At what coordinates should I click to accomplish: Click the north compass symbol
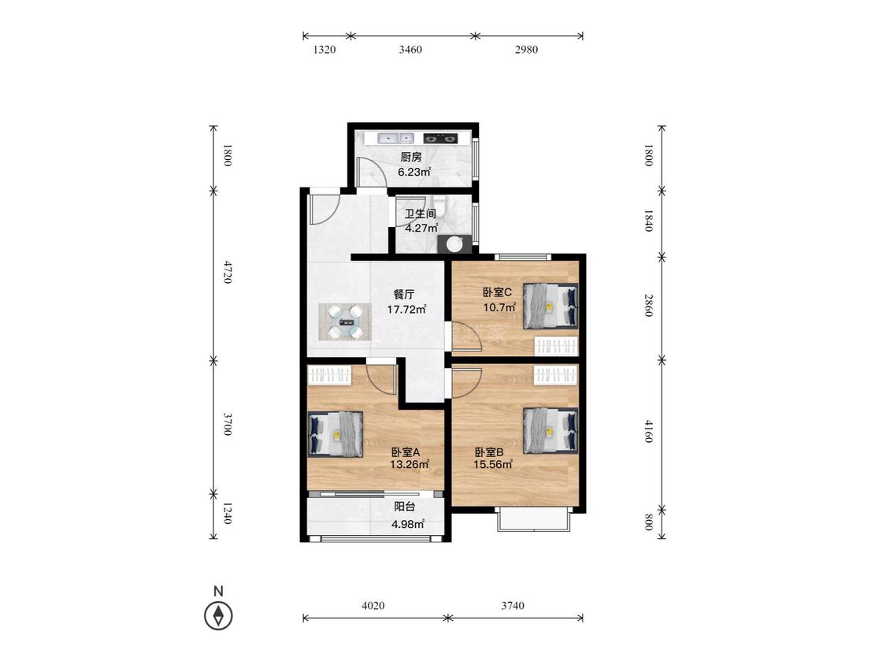pyautogui.click(x=218, y=615)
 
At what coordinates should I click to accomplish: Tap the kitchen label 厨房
pyautogui.click(x=411, y=158)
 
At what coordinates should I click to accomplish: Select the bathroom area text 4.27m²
pyautogui.click(x=421, y=228)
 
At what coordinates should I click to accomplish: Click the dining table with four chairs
pyautogui.click(x=345, y=321)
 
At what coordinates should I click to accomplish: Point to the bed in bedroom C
pyautogui.click(x=551, y=306)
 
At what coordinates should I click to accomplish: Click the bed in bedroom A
pyautogui.click(x=335, y=434)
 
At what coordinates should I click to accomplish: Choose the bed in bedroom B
pyautogui.click(x=551, y=431)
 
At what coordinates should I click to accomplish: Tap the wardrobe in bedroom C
pyautogui.click(x=557, y=346)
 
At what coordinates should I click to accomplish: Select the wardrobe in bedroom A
pyautogui.click(x=330, y=374)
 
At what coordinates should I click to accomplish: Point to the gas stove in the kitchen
pyautogui.click(x=439, y=138)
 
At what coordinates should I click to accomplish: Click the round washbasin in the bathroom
pyautogui.click(x=454, y=243)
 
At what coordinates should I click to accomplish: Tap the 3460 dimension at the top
pyautogui.click(x=410, y=49)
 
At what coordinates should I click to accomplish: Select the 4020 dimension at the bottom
pyautogui.click(x=373, y=606)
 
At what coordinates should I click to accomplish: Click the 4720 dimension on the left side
pyautogui.click(x=227, y=272)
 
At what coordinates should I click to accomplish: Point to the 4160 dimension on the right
pyautogui.click(x=649, y=431)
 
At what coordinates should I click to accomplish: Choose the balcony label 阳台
pyautogui.click(x=405, y=507)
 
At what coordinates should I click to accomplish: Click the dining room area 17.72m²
pyautogui.click(x=406, y=310)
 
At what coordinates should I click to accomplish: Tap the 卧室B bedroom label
pyautogui.click(x=489, y=452)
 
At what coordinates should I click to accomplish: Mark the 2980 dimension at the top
pyautogui.click(x=526, y=49)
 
